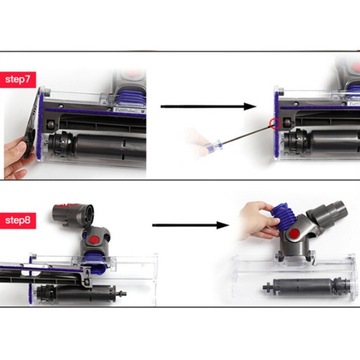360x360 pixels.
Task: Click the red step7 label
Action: pyautogui.click(x=20, y=78)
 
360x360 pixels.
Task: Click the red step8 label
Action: pyautogui.click(x=20, y=219)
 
